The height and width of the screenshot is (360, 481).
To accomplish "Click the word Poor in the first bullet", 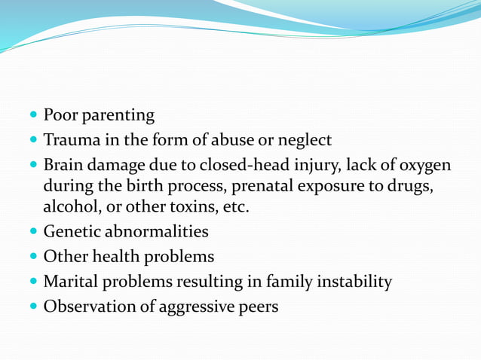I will click(59, 116).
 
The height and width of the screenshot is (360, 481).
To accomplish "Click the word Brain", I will click(64, 164).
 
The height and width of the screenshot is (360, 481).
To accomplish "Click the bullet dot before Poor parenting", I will click(35, 117).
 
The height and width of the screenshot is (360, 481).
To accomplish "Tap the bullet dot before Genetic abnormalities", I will click(35, 232).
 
